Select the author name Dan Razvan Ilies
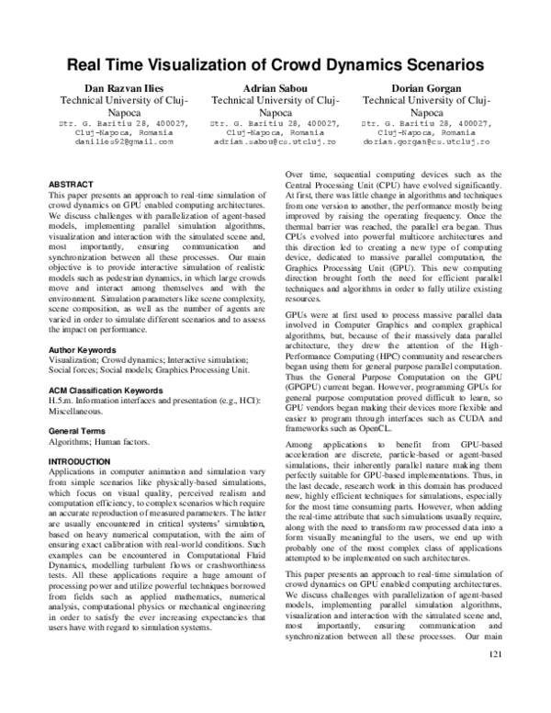[124, 85]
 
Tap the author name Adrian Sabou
[275, 85]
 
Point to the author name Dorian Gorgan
[427, 85]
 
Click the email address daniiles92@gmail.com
[124, 142]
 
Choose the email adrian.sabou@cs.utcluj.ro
[275, 142]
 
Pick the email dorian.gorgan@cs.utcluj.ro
[427, 142]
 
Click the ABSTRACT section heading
[70, 185]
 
